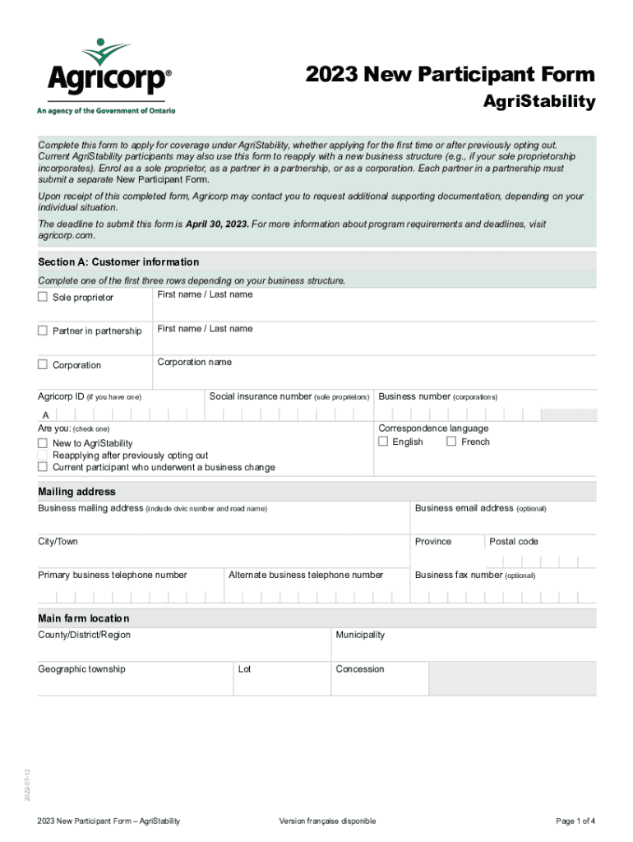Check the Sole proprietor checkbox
(x=43, y=297)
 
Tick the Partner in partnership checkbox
(x=43, y=331)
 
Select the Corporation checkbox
(x=43, y=364)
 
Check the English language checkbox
(x=383, y=442)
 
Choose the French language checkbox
(x=451, y=442)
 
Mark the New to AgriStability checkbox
(x=43, y=443)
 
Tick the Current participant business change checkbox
(x=43, y=467)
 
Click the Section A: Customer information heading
(x=118, y=262)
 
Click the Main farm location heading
(x=83, y=618)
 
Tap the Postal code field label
(x=514, y=542)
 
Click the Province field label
(x=433, y=542)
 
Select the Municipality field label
(x=360, y=635)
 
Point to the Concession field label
(x=360, y=669)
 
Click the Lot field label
(x=245, y=669)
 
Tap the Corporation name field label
(x=195, y=363)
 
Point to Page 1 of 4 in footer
(x=575, y=821)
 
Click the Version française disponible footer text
(x=327, y=821)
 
